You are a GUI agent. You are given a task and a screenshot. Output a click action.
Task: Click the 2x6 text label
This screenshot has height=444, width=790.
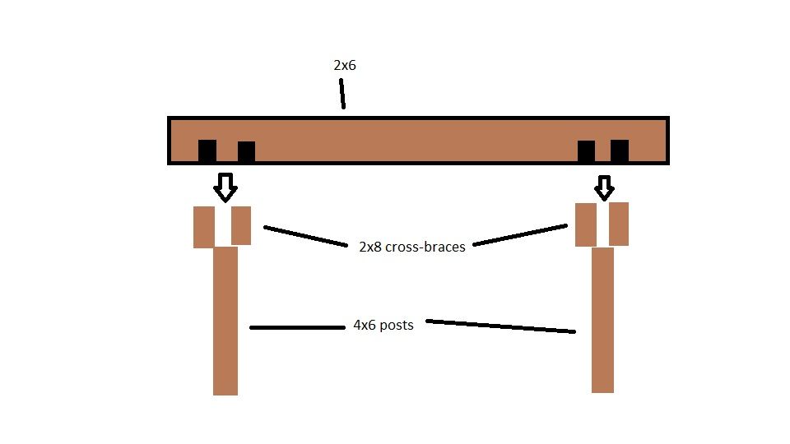(x=345, y=66)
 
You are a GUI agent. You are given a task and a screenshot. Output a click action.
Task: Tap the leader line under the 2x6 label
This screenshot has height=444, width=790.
(x=342, y=94)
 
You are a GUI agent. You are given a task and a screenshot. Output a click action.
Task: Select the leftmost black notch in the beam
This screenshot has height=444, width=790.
(x=207, y=150)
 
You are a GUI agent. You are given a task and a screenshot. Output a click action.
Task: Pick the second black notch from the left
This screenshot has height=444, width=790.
(x=246, y=151)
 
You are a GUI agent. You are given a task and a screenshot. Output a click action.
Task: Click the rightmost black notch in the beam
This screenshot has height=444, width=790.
(x=620, y=150)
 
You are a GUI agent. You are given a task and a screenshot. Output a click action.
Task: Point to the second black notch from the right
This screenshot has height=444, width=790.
(x=586, y=151)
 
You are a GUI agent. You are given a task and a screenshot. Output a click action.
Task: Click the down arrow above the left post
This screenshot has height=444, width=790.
(x=225, y=187)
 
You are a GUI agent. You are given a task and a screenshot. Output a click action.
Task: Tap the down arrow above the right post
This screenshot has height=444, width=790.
(x=604, y=187)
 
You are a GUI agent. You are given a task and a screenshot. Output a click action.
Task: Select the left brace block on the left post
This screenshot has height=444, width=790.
(x=204, y=227)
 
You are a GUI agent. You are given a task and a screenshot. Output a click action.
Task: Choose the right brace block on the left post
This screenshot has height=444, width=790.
(x=241, y=225)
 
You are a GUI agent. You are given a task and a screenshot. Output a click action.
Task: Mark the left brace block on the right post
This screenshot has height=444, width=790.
(x=586, y=224)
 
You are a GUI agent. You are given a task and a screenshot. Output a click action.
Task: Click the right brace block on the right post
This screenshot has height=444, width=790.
(x=619, y=224)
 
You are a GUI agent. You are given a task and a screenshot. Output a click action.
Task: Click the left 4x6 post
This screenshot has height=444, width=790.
(x=225, y=321)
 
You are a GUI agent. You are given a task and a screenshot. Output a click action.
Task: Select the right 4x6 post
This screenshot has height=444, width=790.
(x=602, y=320)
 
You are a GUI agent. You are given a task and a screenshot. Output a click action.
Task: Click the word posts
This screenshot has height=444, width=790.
(x=397, y=326)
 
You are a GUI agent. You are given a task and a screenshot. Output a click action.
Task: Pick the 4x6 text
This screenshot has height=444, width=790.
(x=365, y=326)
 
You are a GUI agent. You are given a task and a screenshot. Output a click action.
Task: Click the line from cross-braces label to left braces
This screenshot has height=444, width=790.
(x=306, y=236)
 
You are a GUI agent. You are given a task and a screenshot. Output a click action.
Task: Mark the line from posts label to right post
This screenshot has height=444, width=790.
(x=501, y=326)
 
